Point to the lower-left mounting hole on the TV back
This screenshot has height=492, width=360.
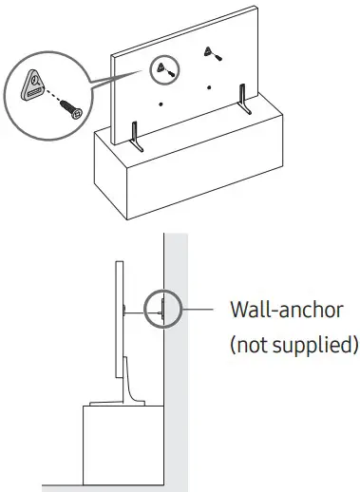(x=162, y=103)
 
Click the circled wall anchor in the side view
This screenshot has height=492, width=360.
(x=162, y=309)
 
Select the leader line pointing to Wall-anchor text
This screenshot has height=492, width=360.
(x=199, y=309)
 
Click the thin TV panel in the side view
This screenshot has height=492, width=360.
(x=120, y=332)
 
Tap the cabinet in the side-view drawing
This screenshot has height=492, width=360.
(x=118, y=446)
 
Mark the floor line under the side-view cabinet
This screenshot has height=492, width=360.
(x=104, y=488)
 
